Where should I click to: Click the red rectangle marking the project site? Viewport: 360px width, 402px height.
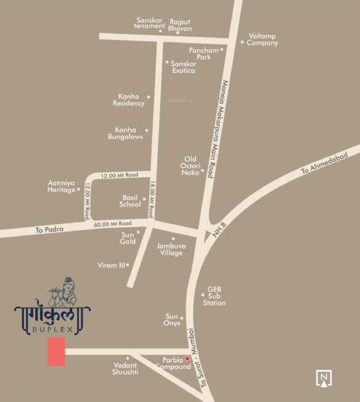[56, 351]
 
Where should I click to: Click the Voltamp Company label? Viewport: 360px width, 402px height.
[262, 40]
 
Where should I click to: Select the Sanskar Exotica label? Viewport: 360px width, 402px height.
[183, 66]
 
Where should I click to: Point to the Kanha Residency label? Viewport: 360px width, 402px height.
[129, 100]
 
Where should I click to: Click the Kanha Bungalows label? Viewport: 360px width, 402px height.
[125, 133]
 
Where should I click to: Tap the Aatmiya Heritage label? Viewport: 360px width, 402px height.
[62, 186]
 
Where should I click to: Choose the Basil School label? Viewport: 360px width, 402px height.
[130, 201]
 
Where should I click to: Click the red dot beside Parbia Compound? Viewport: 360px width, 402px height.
[187, 359]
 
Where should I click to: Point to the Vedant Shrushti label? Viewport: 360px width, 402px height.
[125, 368]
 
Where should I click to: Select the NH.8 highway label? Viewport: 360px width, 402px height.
[219, 231]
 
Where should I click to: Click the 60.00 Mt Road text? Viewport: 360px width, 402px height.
[113, 224]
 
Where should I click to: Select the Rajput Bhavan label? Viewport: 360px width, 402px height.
[180, 25]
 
